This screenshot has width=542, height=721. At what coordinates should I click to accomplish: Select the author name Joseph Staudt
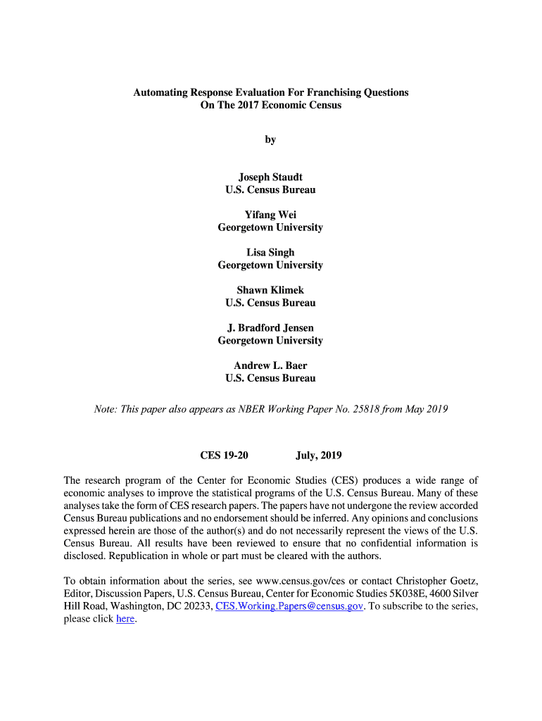270,177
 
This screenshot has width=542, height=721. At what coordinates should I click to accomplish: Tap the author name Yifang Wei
270,215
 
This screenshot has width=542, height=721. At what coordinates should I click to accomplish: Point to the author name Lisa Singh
270,252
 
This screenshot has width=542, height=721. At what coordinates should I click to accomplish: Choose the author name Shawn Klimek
270,290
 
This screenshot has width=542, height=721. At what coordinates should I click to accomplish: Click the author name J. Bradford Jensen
270,327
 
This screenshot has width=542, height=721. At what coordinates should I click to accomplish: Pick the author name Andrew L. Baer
270,365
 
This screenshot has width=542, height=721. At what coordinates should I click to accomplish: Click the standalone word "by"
270,139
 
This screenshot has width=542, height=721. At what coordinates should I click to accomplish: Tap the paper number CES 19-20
225,456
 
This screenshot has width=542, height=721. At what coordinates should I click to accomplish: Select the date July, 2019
319,456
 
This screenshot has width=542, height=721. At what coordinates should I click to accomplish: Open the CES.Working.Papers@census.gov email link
289,606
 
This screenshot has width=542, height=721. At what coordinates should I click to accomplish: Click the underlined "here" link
125,619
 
